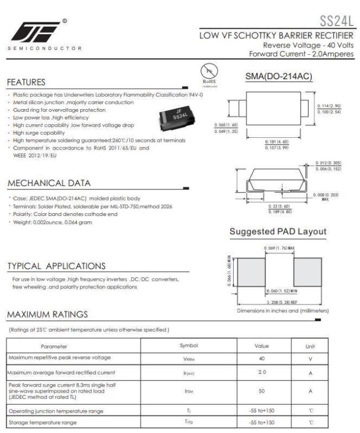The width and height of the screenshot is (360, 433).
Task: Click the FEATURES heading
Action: pos(25,83)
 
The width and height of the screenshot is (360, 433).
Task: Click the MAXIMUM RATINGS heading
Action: pos(45,315)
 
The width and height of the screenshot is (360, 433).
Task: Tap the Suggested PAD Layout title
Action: pos(277,231)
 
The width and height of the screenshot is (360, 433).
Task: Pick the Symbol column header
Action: pos(189,346)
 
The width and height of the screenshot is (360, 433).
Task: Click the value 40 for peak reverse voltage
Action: pos(261,358)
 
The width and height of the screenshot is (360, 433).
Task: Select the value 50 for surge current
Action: pos(261,390)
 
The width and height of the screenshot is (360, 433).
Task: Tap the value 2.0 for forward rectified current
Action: pos(261,372)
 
